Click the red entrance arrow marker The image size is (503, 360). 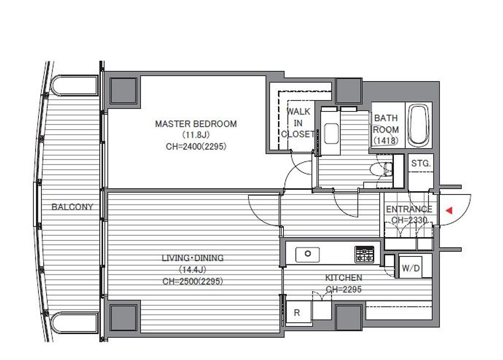pyautogui.click(x=449, y=211)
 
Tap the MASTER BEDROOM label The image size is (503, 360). pyautogui.click(x=196, y=124)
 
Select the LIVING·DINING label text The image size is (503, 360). pyautogui.click(x=193, y=258)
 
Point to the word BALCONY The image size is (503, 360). pyautogui.click(x=72, y=207)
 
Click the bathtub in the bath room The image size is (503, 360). pyautogui.click(x=419, y=125)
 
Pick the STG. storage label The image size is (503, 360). pyautogui.click(x=421, y=164)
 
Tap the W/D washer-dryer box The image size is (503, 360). pyautogui.click(x=411, y=268)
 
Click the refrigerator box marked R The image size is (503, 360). pyautogui.click(x=298, y=313)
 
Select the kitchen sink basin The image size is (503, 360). pyautogui.click(x=307, y=254)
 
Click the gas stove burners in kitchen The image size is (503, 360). pyautogui.click(x=364, y=254)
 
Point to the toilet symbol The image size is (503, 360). pyautogui.click(x=381, y=169)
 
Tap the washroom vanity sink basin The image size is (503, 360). pyautogui.click(x=332, y=133)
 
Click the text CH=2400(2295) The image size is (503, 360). pyautogui.click(x=196, y=147)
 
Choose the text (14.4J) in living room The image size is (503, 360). pyautogui.click(x=193, y=270)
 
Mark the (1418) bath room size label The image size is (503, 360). pyautogui.click(x=386, y=140)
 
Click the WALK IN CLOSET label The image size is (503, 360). pyautogui.click(x=298, y=123)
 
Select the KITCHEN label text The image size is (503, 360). pyautogui.click(x=343, y=277)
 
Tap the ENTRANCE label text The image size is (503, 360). pyautogui.click(x=409, y=209)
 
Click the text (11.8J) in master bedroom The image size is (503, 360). pyautogui.click(x=196, y=135)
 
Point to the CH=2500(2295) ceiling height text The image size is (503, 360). pyautogui.click(x=193, y=281)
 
